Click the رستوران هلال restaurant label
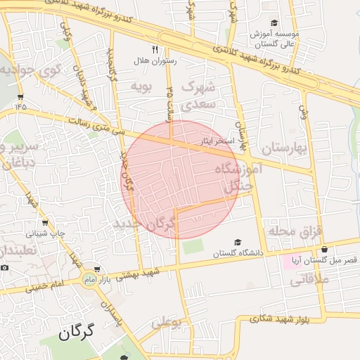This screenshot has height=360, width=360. (159, 61)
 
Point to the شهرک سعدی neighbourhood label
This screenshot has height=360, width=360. (200, 96)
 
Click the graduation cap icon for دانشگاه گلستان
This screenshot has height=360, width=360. (237, 242)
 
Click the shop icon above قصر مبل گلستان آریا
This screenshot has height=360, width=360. (324, 249)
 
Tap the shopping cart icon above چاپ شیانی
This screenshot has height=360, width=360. (46, 222)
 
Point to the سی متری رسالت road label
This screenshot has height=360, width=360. (100, 126)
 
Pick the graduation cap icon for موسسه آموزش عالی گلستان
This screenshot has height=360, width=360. (274, 23)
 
